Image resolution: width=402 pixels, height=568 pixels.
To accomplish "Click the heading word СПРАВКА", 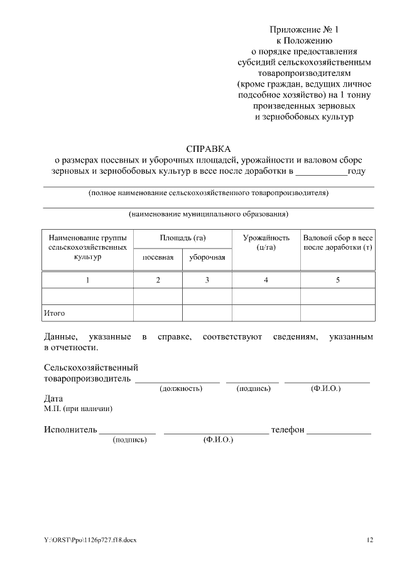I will [209, 149].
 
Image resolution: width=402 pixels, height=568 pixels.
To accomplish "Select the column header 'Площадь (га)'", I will [183, 238].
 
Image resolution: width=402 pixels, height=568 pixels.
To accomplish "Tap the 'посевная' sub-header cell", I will [158, 258].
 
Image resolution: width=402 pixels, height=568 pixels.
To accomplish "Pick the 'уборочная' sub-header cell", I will [207, 258].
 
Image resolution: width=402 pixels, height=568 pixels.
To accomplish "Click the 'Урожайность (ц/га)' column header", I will [266, 243].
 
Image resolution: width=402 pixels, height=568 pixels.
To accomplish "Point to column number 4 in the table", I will [266, 280].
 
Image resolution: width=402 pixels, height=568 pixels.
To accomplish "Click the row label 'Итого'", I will [55, 313].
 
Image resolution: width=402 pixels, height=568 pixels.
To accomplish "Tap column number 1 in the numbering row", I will [87, 280].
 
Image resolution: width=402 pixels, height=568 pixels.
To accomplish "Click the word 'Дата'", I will [53, 399].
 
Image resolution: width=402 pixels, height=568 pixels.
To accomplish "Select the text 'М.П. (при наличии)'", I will [78, 409].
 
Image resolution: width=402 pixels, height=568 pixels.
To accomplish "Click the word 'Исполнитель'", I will [70, 430].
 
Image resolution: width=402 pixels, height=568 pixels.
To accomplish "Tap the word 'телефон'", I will [287, 430].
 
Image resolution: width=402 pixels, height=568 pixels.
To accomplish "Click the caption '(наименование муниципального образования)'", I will [209, 214].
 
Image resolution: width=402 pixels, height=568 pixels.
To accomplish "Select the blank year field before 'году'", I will [320, 171].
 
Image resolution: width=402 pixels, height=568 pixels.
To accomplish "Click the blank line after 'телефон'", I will [339, 431].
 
